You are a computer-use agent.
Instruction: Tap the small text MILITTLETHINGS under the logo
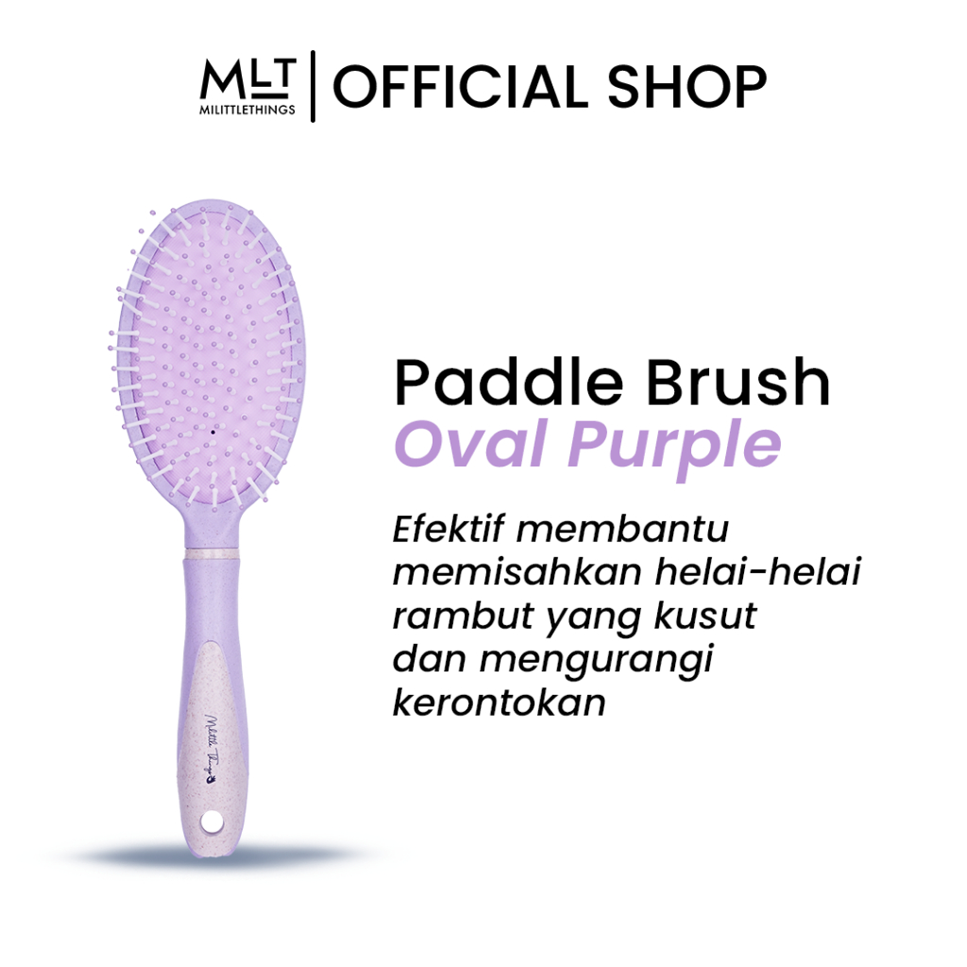click(x=248, y=110)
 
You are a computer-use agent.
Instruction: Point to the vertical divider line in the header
click(x=313, y=89)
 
